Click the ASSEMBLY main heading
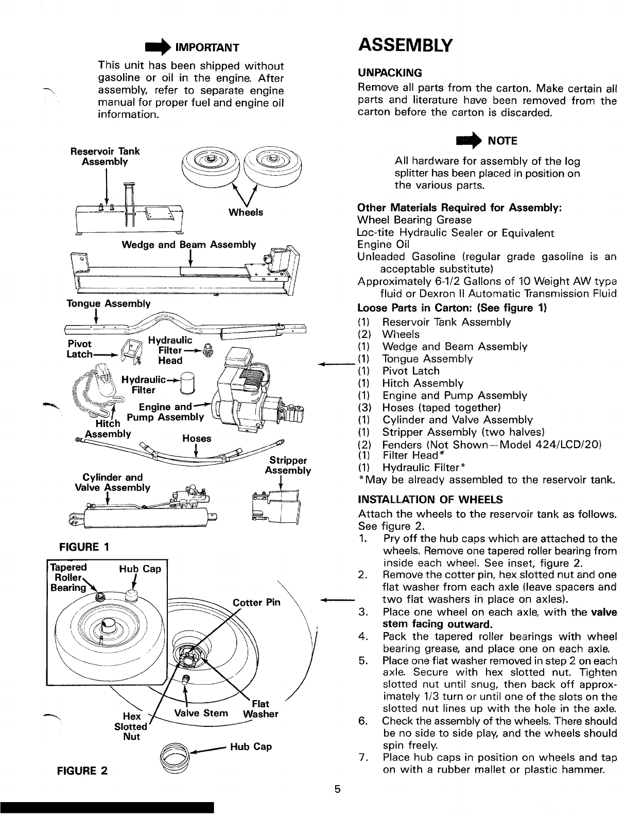pos(405,45)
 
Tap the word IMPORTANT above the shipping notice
pos(207,48)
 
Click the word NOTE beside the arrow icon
pos(502,141)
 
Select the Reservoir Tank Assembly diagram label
pos(105,156)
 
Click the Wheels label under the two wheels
pos(246,212)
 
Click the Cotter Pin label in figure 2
pos(256,602)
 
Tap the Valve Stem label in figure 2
pos(201,713)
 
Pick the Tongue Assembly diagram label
pos(109,303)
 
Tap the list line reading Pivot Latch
pos(411,371)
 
